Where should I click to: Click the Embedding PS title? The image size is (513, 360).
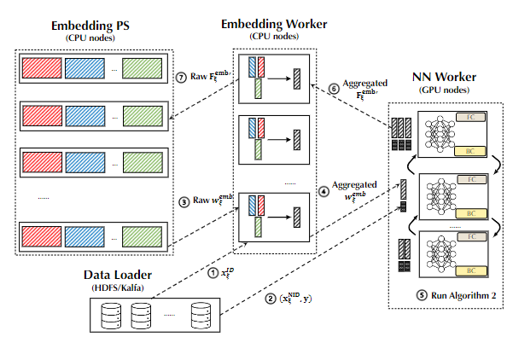coord(89,26)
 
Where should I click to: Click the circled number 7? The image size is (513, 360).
coord(180,78)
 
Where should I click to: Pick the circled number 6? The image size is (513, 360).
coord(334,86)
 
